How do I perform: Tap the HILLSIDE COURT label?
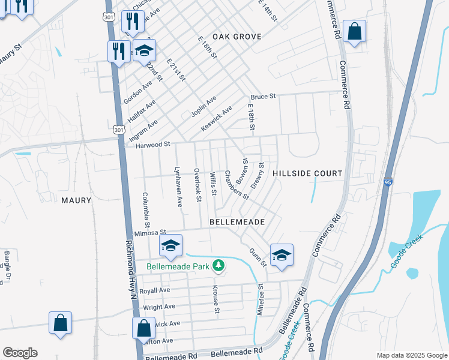pos(307,173)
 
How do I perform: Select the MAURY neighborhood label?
pos(76,200)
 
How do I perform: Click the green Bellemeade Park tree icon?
pos(220,265)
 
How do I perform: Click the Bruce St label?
pos(263,96)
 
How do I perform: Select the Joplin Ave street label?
pos(203,106)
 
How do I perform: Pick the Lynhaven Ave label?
pos(178,187)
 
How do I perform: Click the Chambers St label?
pos(237,184)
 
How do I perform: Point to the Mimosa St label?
pos(149,233)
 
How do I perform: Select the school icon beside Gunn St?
pos(281,255)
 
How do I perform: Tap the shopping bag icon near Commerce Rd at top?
pos(354,32)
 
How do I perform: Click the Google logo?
pos(20,353)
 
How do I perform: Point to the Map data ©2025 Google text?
pos(411,355)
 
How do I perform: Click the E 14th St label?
pos(268,11)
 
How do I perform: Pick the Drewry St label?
pos(257,175)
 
